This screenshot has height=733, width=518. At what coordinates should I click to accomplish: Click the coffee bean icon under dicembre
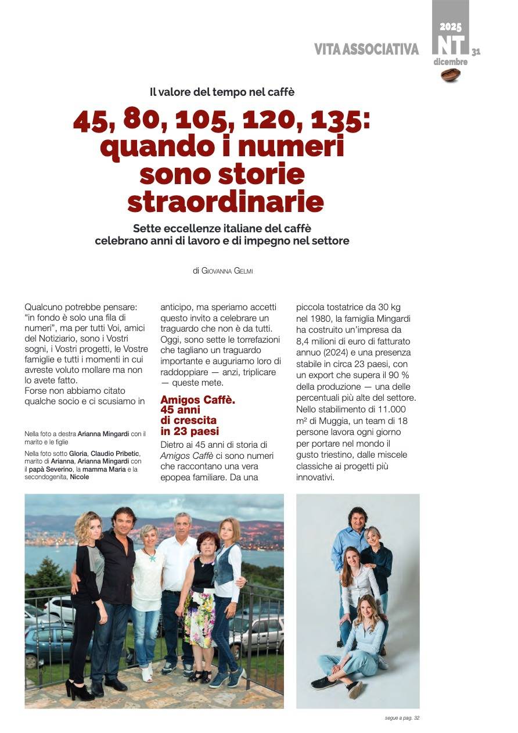(450, 74)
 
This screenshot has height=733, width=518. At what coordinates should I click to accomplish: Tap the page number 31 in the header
(476, 51)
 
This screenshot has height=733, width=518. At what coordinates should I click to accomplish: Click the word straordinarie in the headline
(225, 201)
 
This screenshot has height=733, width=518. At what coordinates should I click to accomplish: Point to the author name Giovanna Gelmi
(227, 271)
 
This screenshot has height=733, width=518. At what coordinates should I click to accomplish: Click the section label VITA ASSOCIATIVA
(366, 50)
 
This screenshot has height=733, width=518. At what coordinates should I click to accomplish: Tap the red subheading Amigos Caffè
(198, 400)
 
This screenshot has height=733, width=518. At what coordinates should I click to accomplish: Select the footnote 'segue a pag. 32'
(402, 718)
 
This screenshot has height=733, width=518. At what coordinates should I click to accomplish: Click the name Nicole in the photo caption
(80, 477)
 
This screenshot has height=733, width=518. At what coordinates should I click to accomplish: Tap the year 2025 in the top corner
(450, 27)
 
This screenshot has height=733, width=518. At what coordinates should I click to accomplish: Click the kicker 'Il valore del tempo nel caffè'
(222, 91)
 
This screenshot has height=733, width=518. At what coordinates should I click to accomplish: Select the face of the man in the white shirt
(183, 521)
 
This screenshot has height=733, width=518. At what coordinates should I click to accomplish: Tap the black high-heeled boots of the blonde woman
(79, 689)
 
